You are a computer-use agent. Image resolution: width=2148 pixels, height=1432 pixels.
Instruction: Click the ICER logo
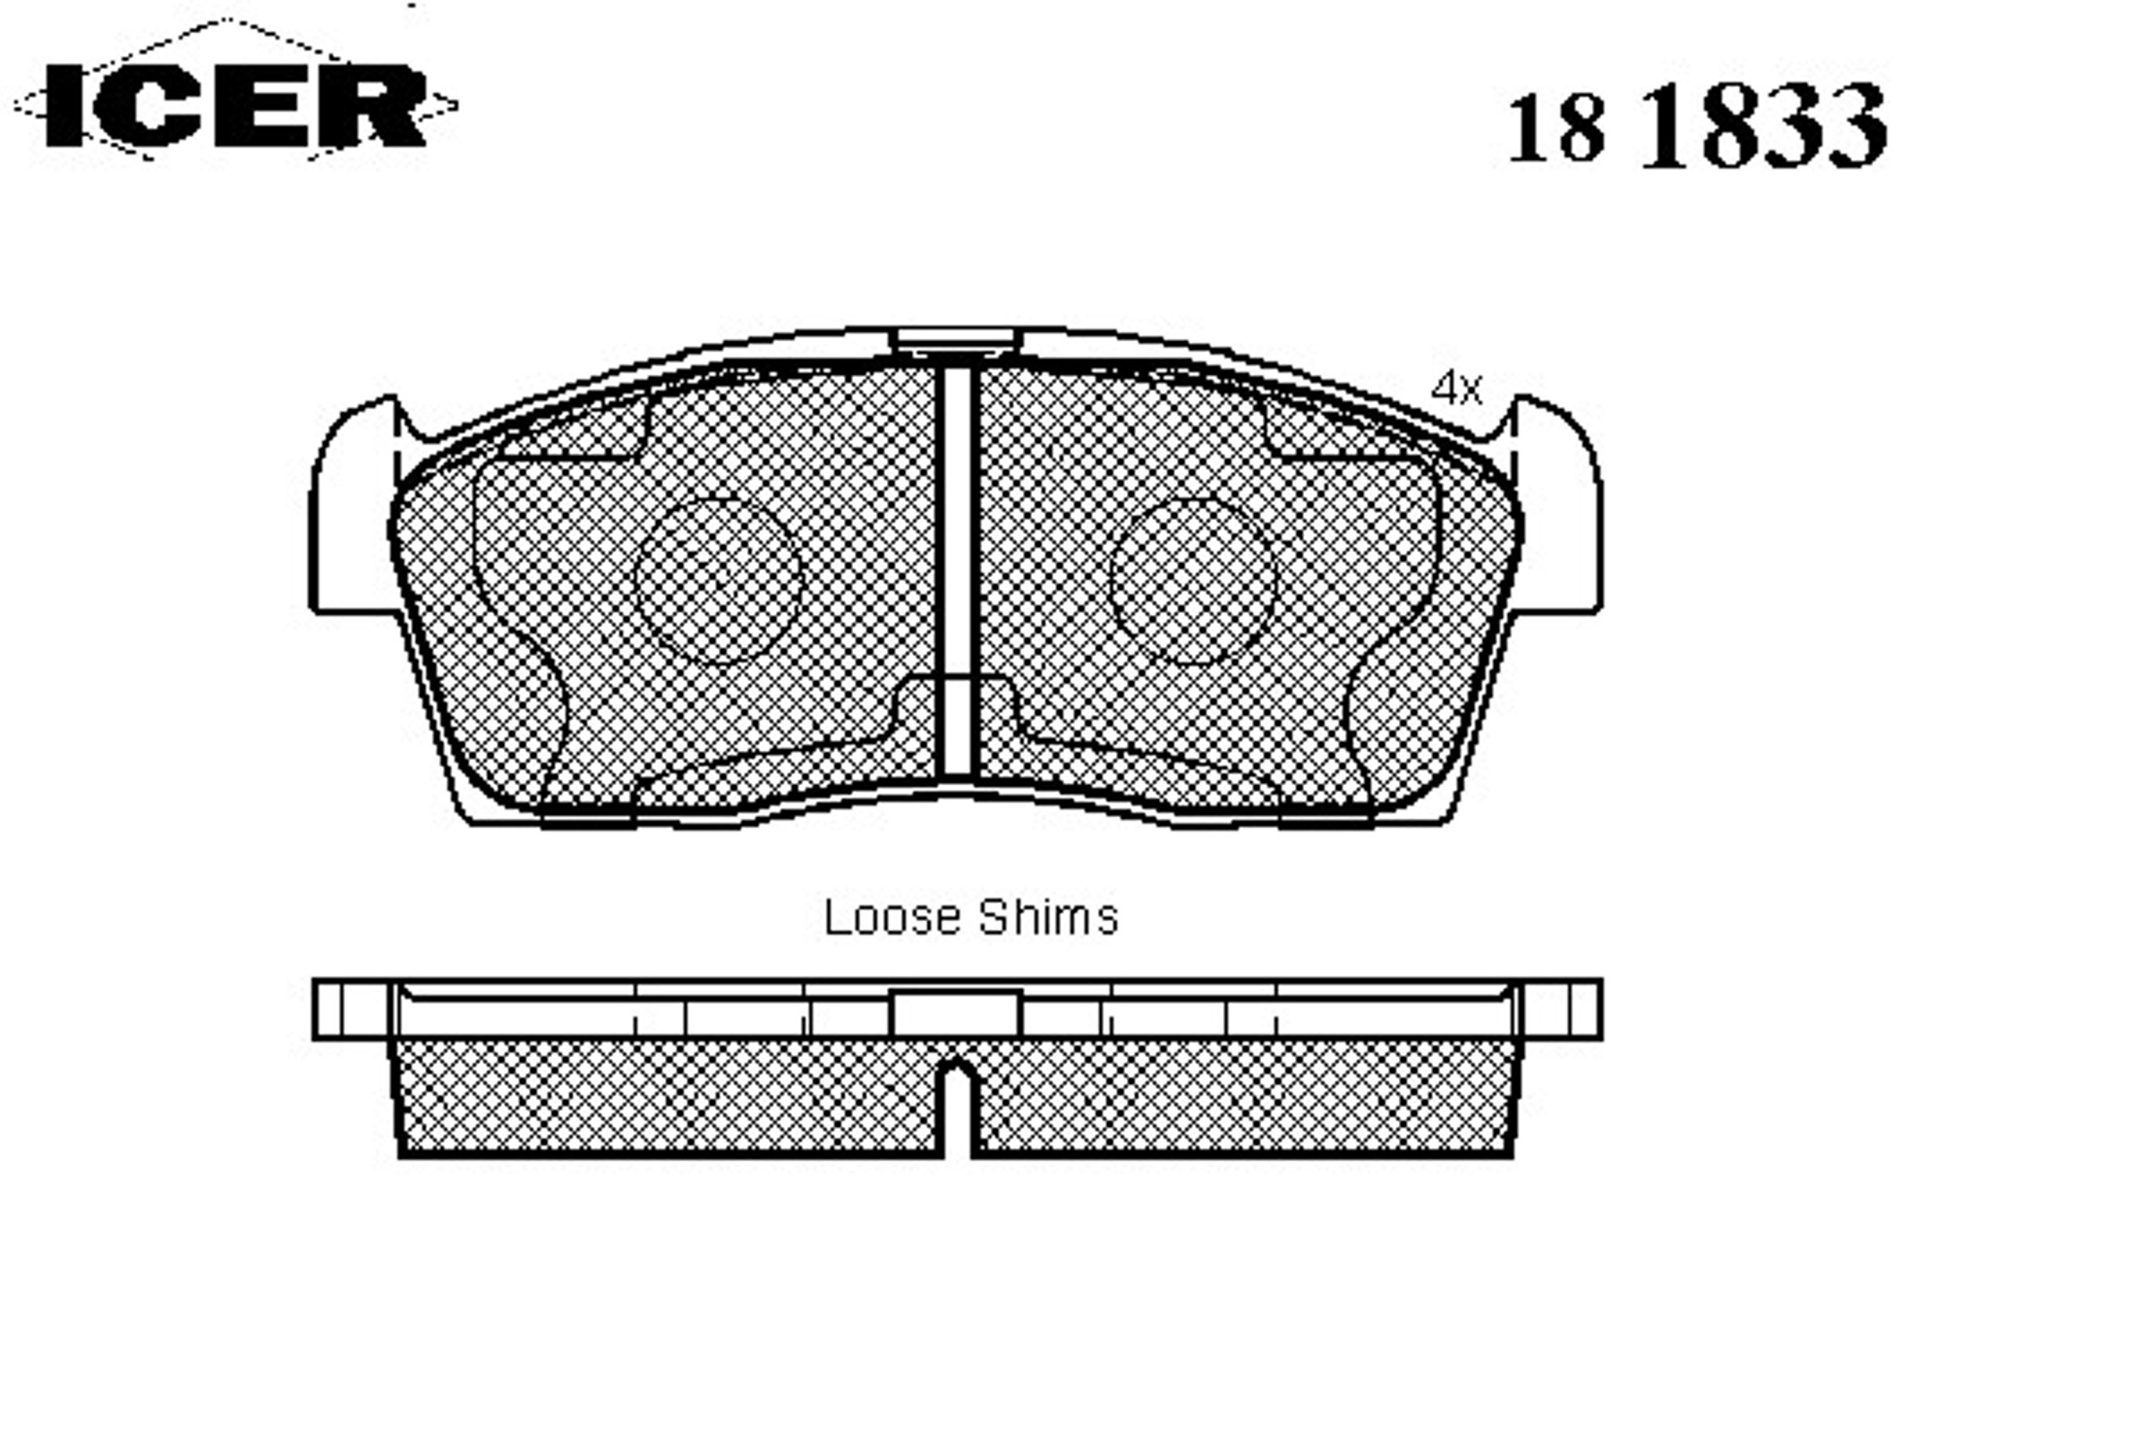tap(234, 105)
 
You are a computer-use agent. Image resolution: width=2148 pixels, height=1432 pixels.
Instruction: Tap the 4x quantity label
tap(1456, 389)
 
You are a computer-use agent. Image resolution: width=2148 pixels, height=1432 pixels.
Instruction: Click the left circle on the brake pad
tap(718, 581)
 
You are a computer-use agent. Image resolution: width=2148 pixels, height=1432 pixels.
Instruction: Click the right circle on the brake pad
tap(1193, 581)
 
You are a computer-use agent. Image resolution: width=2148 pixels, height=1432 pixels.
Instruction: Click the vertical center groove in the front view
tap(956, 571)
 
